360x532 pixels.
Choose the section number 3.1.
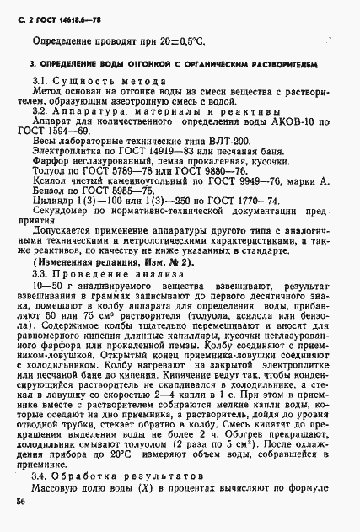(x=40, y=78)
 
